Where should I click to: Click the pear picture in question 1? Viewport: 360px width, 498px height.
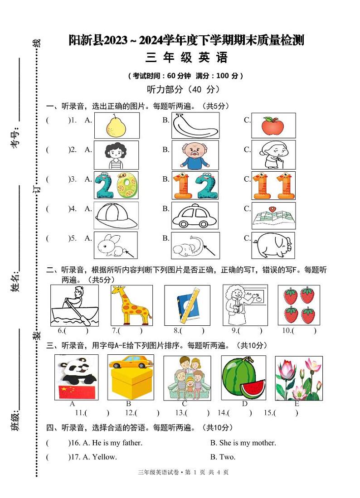point(117,126)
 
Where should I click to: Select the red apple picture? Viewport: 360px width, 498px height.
point(273,126)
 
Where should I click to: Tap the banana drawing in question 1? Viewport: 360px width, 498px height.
point(195,126)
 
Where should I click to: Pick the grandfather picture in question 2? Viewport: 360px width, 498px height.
point(195,155)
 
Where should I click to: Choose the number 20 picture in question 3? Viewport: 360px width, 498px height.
point(116,185)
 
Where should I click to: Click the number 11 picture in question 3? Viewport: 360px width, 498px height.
point(273,185)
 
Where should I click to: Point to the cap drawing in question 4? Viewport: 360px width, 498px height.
point(116,215)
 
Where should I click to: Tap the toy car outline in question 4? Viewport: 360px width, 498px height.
point(195,216)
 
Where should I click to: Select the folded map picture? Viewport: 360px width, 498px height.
point(273,216)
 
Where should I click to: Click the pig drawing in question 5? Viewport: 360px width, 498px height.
point(273,245)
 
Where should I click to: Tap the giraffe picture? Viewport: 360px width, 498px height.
point(131,305)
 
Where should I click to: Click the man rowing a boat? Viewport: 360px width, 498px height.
point(74,305)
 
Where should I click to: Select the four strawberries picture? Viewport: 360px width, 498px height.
point(298,305)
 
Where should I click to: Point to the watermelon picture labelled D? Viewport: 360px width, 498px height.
point(243,378)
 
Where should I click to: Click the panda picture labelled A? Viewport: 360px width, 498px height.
point(76,377)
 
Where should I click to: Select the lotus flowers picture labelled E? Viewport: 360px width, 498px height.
point(299,378)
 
